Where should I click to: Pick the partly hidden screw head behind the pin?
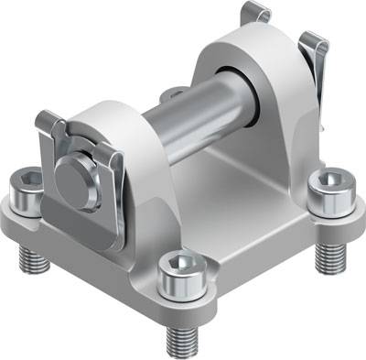pos(168,94)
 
